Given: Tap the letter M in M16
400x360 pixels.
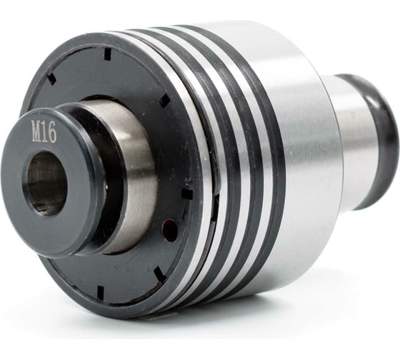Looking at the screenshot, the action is point(36,131).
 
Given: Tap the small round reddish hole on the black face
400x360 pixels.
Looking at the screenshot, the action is point(170,229).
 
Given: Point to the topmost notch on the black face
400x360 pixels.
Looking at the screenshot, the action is point(108,54).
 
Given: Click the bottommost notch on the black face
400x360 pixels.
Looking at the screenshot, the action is point(101,291).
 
